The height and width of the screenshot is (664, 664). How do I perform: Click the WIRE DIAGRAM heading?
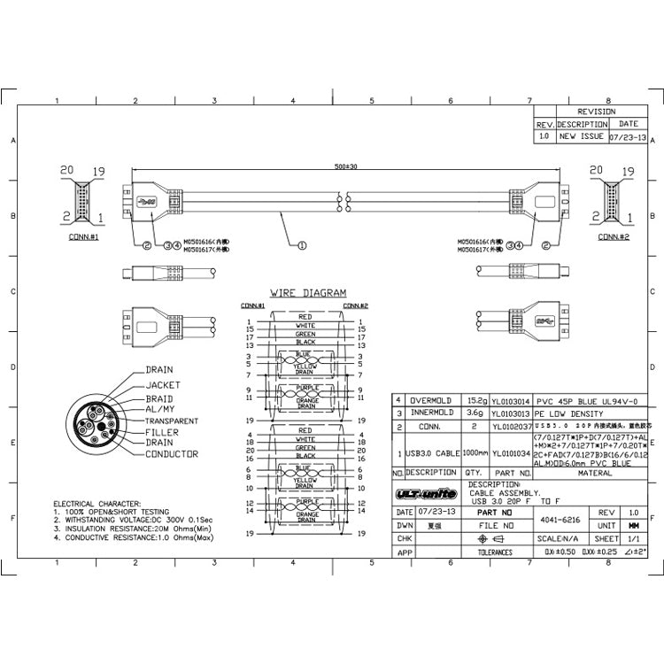pyautogui.click(x=308, y=293)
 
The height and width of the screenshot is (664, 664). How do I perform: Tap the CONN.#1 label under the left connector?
pyautogui.click(x=82, y=237)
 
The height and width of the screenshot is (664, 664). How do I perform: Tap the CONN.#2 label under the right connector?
pyautogui.click(x=614, y=237)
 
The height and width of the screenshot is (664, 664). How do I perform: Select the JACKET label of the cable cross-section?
pyautogui.click(x=162, y=385)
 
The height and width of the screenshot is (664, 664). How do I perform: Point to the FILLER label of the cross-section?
pyautogui.click(x=161, y=432)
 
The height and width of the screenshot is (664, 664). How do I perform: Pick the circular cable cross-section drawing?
pyautogui.click(x=97, y=429)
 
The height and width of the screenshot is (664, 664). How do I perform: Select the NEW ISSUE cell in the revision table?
pyautogui.click(x=581, y=137)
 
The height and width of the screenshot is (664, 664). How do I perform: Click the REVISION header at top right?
pyautogui.click(x=596, y=112)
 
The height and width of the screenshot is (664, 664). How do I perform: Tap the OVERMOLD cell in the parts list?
pyautogui.click(x=431, y=400)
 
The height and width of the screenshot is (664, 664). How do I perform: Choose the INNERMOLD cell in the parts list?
pyautogui.click(x=431, y=413)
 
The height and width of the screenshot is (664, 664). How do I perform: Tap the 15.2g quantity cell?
pyautogui.click(x=475, y=400)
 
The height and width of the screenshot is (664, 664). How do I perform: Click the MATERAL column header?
pyautogui.click(x=595, y=474)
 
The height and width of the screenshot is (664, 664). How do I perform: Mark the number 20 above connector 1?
pyautogui.click(x=66, y=170)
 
